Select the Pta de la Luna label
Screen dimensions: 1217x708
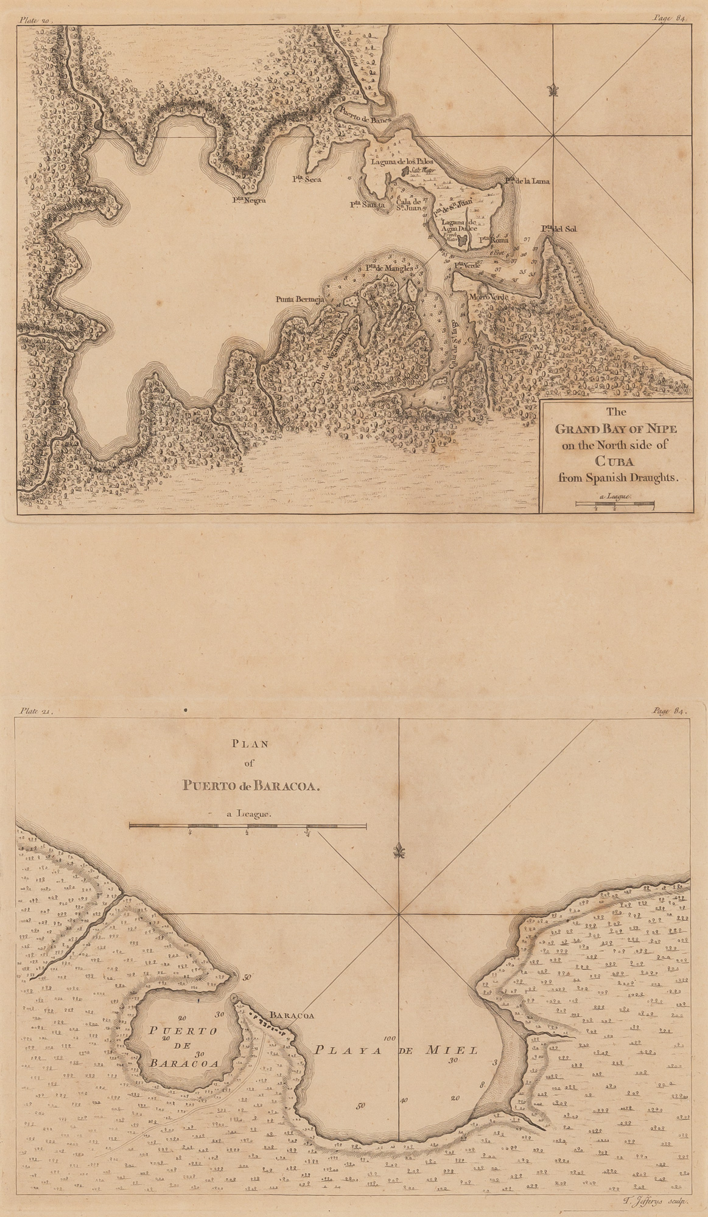(x=528, y=181)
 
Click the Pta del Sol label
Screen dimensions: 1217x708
(x=559, y=229)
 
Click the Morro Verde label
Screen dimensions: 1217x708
(x=488, y=296)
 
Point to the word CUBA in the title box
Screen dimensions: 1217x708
(x=616, y=461)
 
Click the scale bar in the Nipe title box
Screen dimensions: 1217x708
(x=615, y=503)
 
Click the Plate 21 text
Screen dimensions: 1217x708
(x=37, y=710)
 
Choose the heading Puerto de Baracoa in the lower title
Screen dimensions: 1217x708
(x=250, y=785)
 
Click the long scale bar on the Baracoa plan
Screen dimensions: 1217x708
(x=248, y=826)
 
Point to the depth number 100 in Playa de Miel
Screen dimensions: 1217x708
(x=390, y=1038)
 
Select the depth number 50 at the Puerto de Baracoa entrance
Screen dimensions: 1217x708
(x=247, y=978)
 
